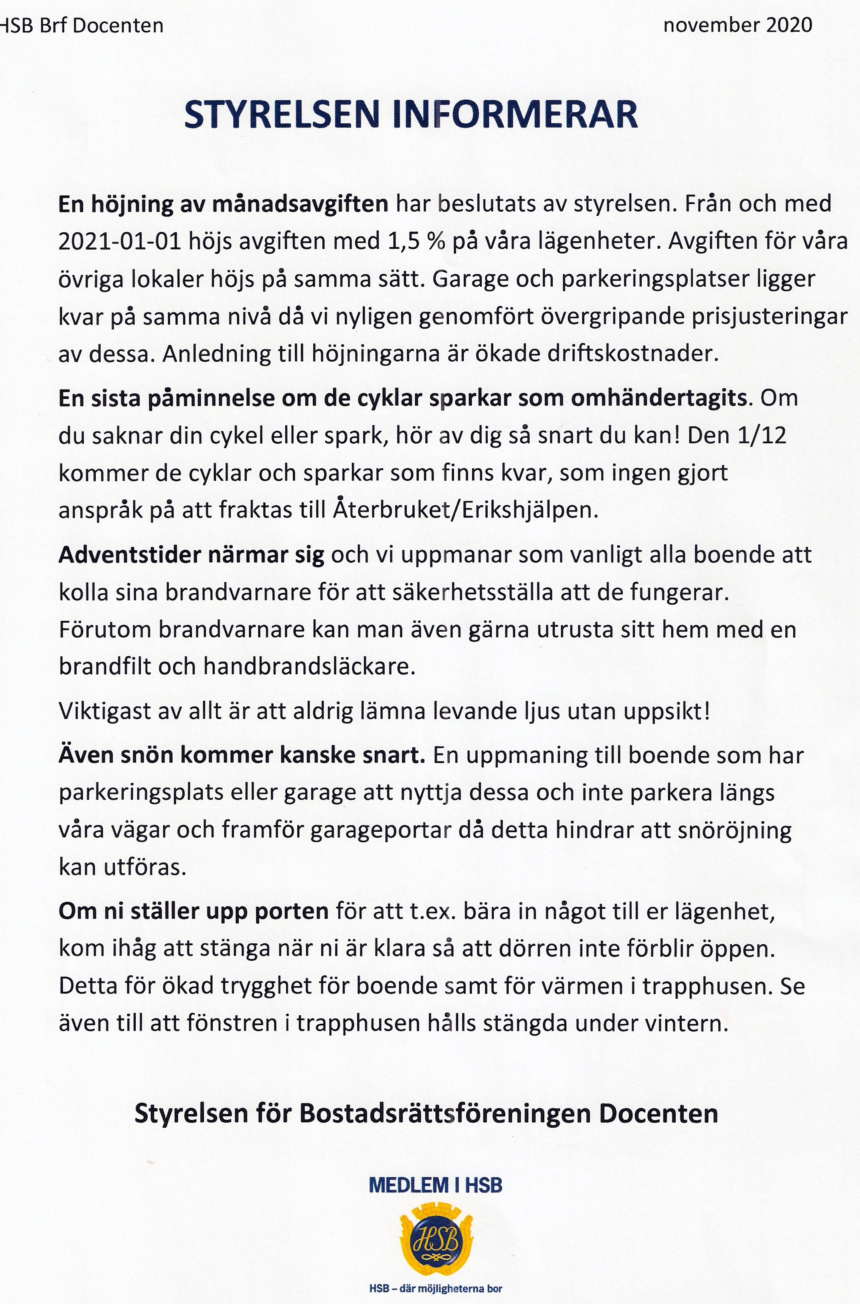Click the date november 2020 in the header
click(738, 25)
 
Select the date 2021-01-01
click(120, 242)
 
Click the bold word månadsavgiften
click(300, 204)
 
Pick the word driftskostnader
click(633, 354)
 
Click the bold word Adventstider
click(129, 555)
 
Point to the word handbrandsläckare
click(310, 667)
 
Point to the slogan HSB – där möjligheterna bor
click(435, 1289)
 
